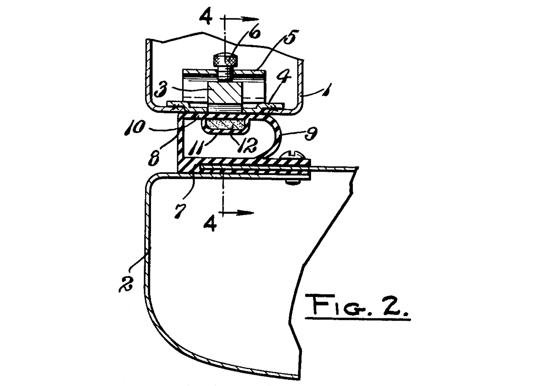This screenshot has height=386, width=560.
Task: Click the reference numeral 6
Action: [255, 34]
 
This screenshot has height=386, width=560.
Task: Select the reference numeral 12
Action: [248, 145]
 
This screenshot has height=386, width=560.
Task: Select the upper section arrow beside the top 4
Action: [243, 19]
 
